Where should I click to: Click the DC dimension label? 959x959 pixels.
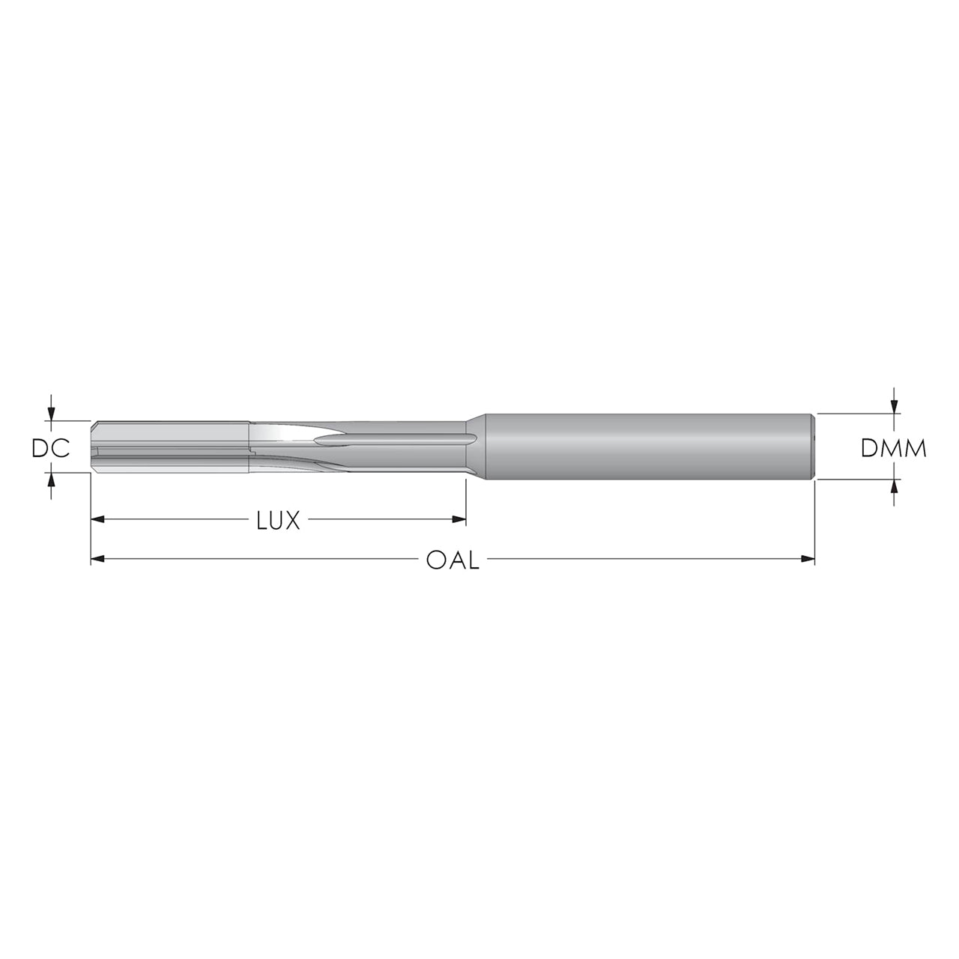click(x=50, y=449)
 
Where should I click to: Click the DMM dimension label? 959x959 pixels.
click(x=894, y=448)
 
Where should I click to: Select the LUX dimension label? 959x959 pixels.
click(x=279, y=520)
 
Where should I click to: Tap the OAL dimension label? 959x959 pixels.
click(x=453, y=560)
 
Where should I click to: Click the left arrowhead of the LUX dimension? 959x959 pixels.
click(x=97, y=520)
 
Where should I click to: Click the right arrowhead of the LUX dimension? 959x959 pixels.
click(x=459, y=520)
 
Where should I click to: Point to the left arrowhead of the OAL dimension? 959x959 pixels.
click(x=97, y=560)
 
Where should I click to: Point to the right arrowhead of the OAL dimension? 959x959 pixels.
click(x=808, y=560)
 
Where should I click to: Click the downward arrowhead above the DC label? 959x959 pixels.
click(x=50, y=414)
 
